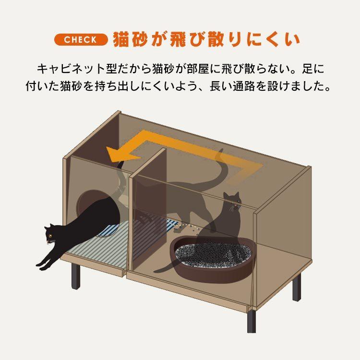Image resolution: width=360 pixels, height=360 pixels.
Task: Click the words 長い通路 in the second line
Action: click(238, 87)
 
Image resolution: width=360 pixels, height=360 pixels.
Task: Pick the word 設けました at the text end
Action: click(300, 87)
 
